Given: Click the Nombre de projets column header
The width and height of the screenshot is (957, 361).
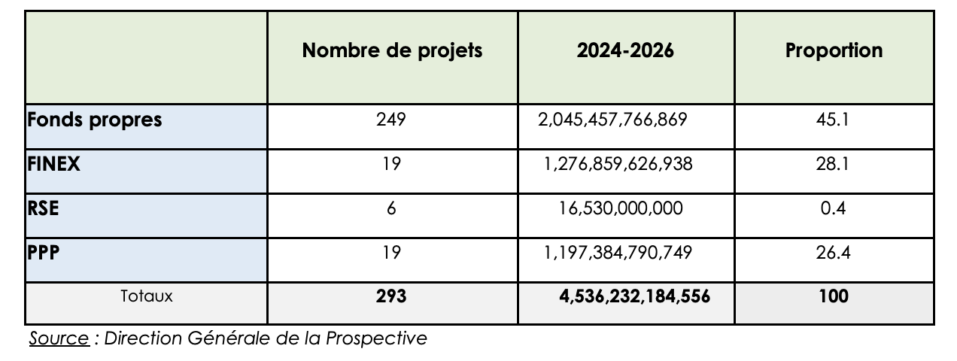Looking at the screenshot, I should (392, 50).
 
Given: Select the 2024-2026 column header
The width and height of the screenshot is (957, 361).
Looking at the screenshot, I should (625, 50).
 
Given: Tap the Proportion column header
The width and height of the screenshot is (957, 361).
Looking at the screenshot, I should (834, 50).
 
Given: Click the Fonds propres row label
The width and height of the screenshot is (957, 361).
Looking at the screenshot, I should (95, 120).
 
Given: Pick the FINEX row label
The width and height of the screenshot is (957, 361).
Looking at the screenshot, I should (53, 163).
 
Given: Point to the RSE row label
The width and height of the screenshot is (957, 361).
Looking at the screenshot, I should (43, 208).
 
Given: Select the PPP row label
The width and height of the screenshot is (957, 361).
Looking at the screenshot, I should (44, 252).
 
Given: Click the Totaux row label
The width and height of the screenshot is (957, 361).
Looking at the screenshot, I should (146, 296).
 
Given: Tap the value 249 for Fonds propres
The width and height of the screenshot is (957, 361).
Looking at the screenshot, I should (391, 120).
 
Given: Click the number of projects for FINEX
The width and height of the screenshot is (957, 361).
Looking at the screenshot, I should (391, 163).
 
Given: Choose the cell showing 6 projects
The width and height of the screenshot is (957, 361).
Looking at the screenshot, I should (391, 208).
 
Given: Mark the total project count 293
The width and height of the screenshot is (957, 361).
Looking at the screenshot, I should (391, 296).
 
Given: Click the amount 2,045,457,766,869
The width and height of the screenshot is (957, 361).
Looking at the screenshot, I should (612, 120).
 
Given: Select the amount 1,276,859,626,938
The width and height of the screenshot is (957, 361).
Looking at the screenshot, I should (624, 163).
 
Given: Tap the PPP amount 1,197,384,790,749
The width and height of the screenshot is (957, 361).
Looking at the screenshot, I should (624, 252).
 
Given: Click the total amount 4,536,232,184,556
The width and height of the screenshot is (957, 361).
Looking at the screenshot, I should (635, 296).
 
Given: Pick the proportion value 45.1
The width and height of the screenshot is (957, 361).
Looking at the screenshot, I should (834, 120).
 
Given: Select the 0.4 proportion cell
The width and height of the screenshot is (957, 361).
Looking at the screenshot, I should (834, 208).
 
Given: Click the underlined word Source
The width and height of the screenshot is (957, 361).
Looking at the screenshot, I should (59, 338).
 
